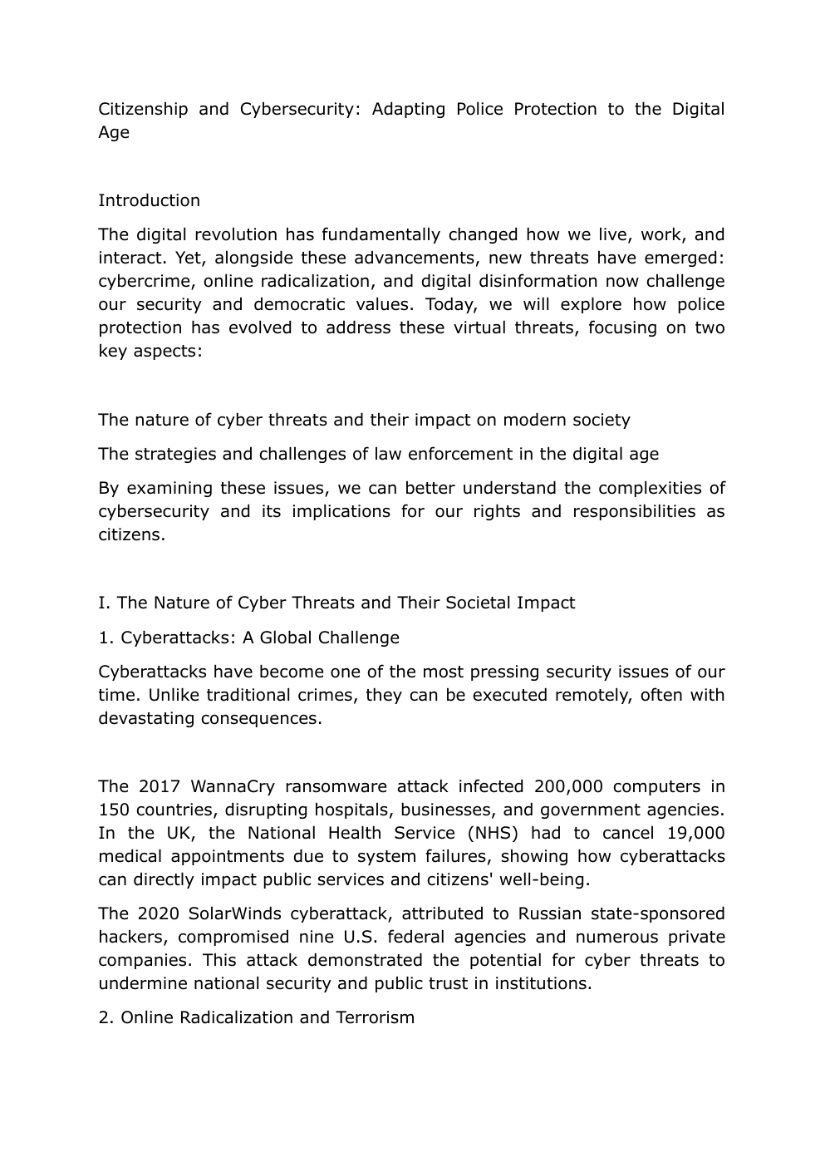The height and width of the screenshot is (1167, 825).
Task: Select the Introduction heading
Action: click(x=149, y=200)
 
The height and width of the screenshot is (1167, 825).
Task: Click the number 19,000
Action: click(x=695, y=833)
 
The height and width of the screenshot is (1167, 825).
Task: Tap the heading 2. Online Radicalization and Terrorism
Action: click(x=256, y=1017)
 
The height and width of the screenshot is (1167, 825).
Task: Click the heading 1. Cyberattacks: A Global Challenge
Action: click(x=248, y=638)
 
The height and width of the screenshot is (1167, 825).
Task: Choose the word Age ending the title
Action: click(x=114, y=132)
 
